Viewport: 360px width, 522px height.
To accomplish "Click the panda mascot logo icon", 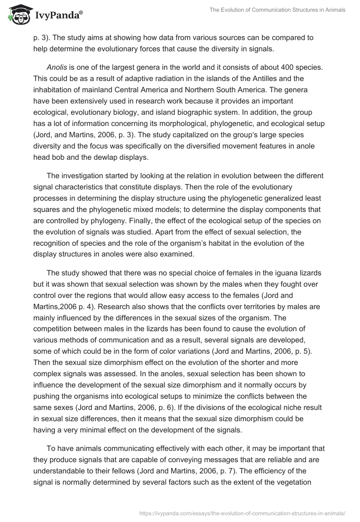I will pyautogui.click(x=18, y=14).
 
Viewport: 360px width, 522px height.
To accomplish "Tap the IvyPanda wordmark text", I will pyautogui.click(x=58, y=16).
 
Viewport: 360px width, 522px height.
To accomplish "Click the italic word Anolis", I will pyautogui.click(x=56, y=67).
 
